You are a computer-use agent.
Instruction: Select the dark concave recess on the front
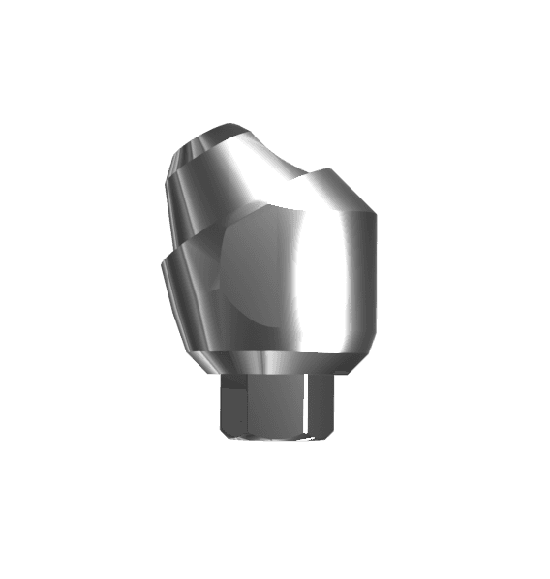coord(254,276)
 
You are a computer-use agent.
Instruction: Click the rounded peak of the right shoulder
coord(334,175)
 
